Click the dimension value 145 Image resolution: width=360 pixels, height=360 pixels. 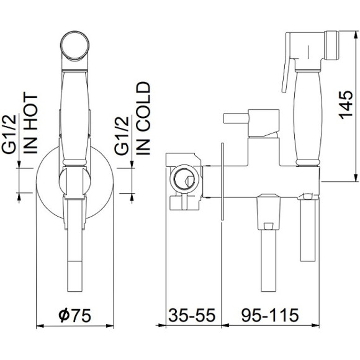pyautogui.click(x=346, y=105)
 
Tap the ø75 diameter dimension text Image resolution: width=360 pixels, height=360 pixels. pyautogui.click(x=75, y=315)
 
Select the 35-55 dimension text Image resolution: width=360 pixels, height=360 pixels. pyautogui.click(x=192, y=315)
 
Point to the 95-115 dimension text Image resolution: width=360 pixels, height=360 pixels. pyautogui.click(x=270, y=315)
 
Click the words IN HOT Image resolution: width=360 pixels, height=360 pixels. pyautogui.click(x=30, y=124)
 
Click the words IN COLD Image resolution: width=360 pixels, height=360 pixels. pyautogui.click(x=143, y=119)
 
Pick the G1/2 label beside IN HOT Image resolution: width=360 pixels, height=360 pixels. pyautogui.click(x=9, y=133)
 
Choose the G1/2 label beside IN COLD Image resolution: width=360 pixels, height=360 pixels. pyautogui.click(x=122, y=135)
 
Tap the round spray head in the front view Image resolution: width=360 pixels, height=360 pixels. pyautogui.click(x=75, y=45)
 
